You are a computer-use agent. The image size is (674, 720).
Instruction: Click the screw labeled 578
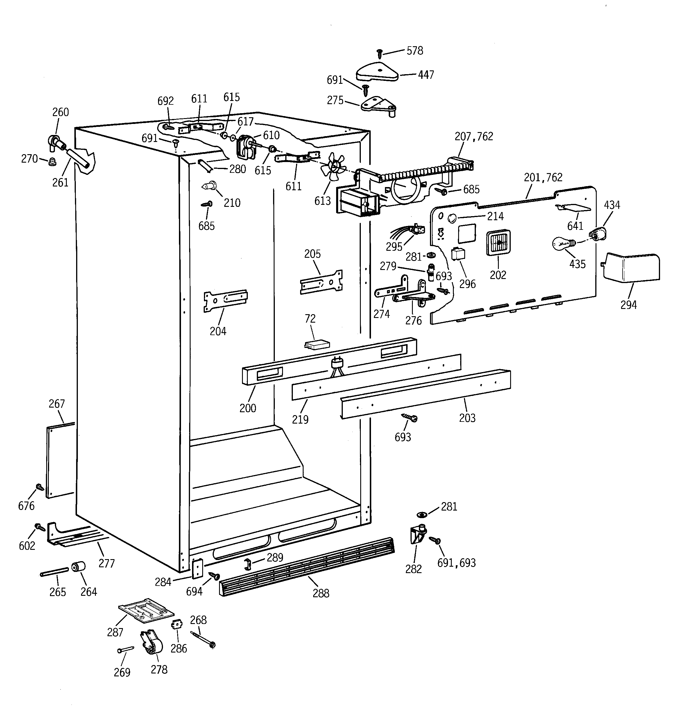pyautogui.click(x=379, y=54)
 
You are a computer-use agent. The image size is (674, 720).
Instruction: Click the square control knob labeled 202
pyautogui.click(x=498, y=243)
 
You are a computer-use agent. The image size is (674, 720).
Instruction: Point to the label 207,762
pyautogui.click(x=474, y=136)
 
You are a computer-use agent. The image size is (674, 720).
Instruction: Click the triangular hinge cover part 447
pyautogui.click(x=377, y=72)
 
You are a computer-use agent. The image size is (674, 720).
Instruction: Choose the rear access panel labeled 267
pyautogui.click(x=60, y=460)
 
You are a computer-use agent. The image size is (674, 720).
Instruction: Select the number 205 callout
pyautogui.click(x=312, y=254)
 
